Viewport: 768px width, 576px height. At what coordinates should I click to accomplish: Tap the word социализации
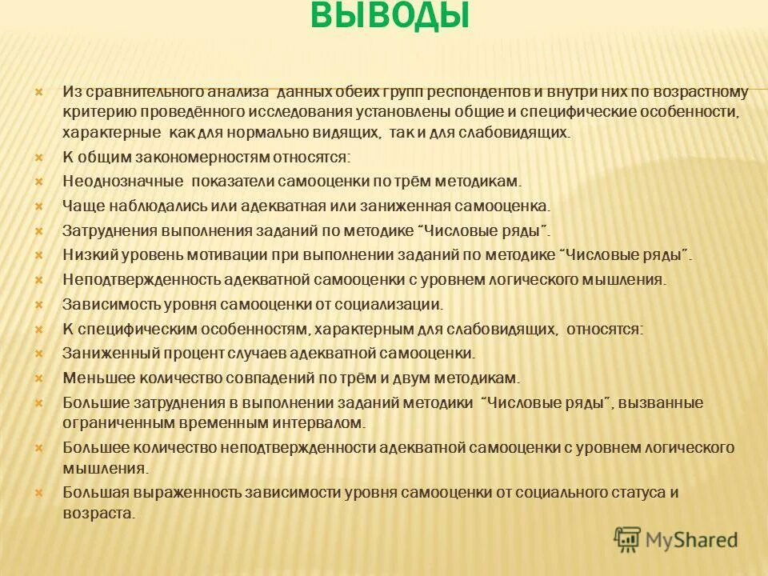(384, 304)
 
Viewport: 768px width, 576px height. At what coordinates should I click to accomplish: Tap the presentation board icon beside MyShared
(628, 538)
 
